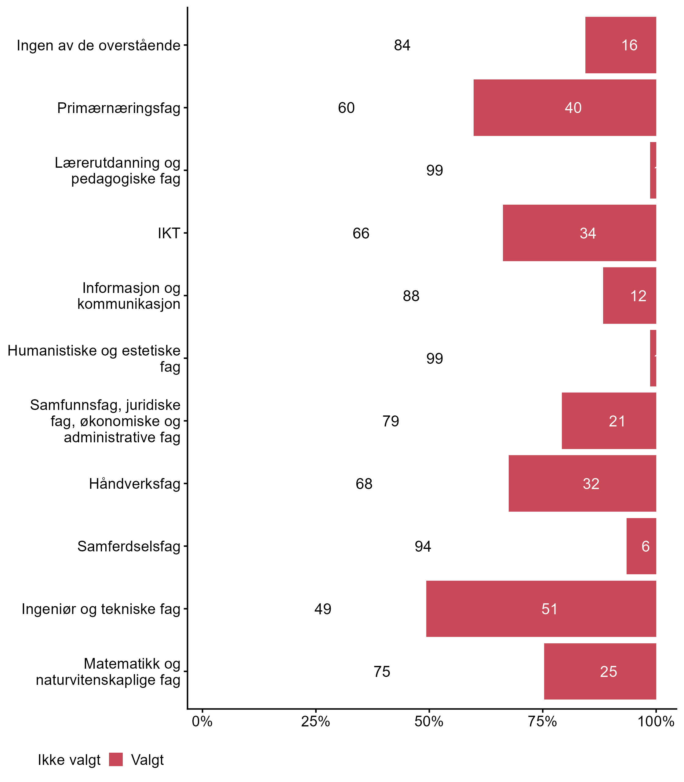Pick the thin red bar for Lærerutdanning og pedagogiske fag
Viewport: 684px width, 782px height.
[x=653, y=170]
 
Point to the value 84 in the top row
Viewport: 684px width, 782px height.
[x=402, y=46]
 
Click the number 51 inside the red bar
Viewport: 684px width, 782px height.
[x=549, y=609]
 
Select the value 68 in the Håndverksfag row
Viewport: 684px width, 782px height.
[x=364, y=484]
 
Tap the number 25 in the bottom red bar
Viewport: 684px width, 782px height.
[x=608, y=672]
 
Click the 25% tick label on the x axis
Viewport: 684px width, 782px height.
[x=315, y=722]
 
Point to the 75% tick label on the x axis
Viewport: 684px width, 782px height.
[x=542, y=722]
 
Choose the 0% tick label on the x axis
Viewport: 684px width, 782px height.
[x=202, y=722]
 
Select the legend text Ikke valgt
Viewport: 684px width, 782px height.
[x=69, y=760]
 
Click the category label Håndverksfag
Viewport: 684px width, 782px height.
[x=134, y=484]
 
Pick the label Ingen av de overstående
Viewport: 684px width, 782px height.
[x=98, y=46]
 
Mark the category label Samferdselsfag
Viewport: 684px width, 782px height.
[x=129, y=546]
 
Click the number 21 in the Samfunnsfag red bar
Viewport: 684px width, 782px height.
[x=617, y=421]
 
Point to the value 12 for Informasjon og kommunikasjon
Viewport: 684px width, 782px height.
[x=638, y=296]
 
